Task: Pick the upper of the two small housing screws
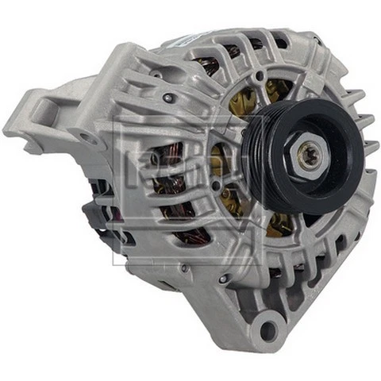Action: (x=167, y=98)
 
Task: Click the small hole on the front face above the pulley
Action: (x=261, y=75)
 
